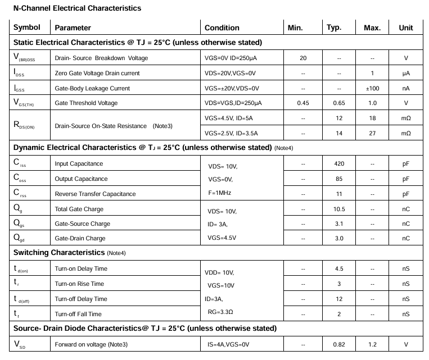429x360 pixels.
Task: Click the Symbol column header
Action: (x=27, y=28)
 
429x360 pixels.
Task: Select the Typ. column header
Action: (x=334, y=28)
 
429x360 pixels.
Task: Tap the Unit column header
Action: (x=405, y=28)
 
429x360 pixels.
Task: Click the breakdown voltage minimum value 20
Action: (x=303, y=58)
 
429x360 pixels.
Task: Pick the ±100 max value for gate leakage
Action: (x=372, y=88)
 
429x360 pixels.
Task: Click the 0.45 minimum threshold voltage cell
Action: (x=303, y=103)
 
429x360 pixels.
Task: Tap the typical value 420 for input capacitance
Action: (x=339, y=163)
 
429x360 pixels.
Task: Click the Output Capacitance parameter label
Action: (x=81, y=179)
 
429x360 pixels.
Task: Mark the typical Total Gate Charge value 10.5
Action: (x=339, y=209)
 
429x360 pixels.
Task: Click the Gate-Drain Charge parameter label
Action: (x=80, y=238)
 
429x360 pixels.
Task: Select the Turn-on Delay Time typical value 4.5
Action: (x=339, y=268)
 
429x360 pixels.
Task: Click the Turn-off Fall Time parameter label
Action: (x=78, y=314)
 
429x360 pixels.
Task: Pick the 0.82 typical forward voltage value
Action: (x=339, y=344)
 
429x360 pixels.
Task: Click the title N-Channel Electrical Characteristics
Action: (x=77, y=8)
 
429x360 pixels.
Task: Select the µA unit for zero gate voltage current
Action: (x=405, y=73)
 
